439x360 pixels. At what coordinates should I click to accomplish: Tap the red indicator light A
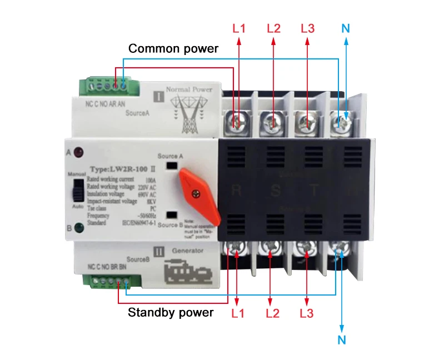pyautogui.click(x=78, y=151)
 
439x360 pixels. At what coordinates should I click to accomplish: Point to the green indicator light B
pyautogui.click(x=78, y=227)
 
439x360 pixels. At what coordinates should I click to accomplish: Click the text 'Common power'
pyautogui.click(x=173, y=49)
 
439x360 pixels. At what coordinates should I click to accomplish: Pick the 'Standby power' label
pyautogui.click(x=171, y=312)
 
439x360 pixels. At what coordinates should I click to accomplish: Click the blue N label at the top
pyautogui.click(x=346, y=28)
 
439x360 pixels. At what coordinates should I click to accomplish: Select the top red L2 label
pyautogui.click(x=274, y=28)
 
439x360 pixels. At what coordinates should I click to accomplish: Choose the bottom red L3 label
pyautogui.click(x=307, y=313)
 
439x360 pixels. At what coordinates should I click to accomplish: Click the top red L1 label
pyautogui.click(x=238, y=28)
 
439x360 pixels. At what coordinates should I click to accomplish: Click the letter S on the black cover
pyautogui.click(x=275, y=191)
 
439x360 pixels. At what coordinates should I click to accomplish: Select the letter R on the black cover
pyautogui.click(x=236, y=191)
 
